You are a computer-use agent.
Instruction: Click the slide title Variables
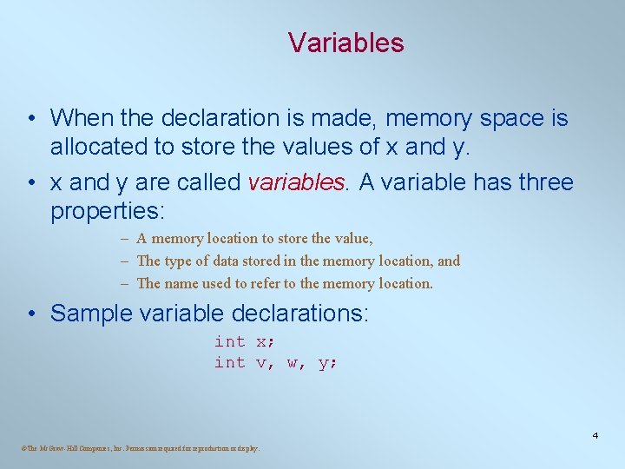tap(345, 43)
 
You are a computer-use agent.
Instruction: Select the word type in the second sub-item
tap(179, 261)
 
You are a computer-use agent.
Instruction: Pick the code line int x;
tap(245, 341)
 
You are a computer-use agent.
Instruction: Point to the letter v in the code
tap(261, 363)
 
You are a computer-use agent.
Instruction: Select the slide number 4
tap(595, 434)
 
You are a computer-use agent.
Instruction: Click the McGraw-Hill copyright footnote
tap(139, 448)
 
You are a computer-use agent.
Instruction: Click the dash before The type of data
tap(126, 261)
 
